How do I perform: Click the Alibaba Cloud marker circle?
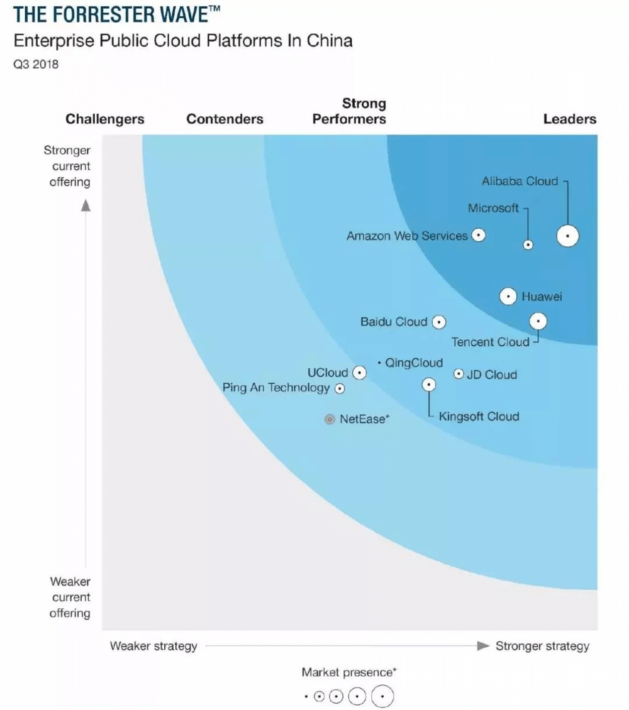click(567, 236)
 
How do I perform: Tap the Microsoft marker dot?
click(528, 245)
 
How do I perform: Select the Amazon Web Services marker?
click(479, 236)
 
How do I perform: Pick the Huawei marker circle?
click(508, 296)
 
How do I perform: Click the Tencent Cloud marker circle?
click(538, 321)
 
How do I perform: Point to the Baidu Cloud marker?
click(438, 322)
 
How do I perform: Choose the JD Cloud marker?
click(459, 374)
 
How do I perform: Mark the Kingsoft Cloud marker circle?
click(429, 385)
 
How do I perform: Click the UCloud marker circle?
click(359, 373)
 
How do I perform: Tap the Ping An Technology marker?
click(340, 388)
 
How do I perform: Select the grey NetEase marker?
click(330, 419)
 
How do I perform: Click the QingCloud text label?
click(413, 363)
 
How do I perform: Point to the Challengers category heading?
click(105, 119)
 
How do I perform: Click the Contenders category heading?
click(225, 119)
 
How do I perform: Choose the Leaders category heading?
click(569, 119)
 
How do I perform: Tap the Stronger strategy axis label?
click(542, 646)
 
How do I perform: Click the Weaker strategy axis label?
click(153, 646)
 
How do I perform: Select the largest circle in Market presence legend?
click(382, 696)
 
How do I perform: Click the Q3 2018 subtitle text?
click(36, 64)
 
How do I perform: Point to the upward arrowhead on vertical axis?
click(86, 205)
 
